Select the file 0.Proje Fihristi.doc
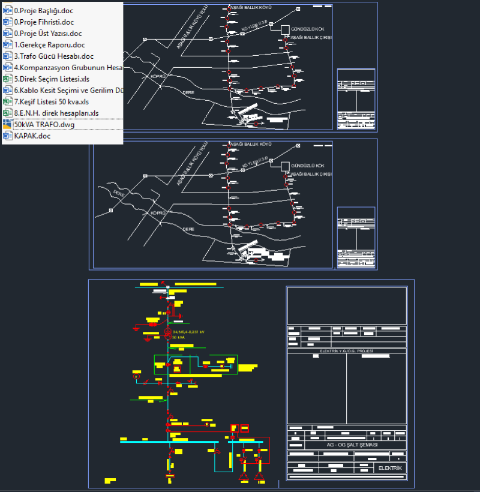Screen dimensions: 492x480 coord(44,22)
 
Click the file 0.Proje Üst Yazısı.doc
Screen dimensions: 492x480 coord(48,34)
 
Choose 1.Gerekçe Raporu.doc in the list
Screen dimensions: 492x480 coord(49,45)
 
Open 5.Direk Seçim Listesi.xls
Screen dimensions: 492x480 coord(52,79)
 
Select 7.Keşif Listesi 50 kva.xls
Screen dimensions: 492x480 coord(51,101)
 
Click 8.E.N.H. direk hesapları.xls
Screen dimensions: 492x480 coord(56,113)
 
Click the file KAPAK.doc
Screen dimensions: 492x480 coord(32,136)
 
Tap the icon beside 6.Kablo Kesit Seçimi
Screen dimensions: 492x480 coord(7,90)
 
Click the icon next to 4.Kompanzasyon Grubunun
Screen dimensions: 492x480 coord(7,68)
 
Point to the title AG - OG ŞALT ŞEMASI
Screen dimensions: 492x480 coord(352,445)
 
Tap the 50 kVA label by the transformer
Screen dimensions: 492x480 coord(179,337)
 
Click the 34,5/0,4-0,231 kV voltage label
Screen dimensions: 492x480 coord(189,332)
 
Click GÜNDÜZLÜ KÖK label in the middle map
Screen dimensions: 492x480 coord(307,165)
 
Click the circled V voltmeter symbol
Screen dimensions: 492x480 coord(136,376)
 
